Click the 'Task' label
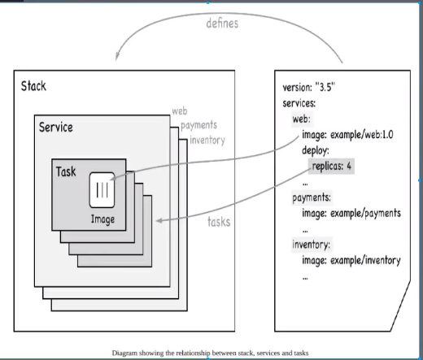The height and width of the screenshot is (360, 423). tap(67, 172)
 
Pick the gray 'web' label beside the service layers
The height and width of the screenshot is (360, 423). tap(181, 111)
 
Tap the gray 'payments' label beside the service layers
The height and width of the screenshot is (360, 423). tap(198, 126)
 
